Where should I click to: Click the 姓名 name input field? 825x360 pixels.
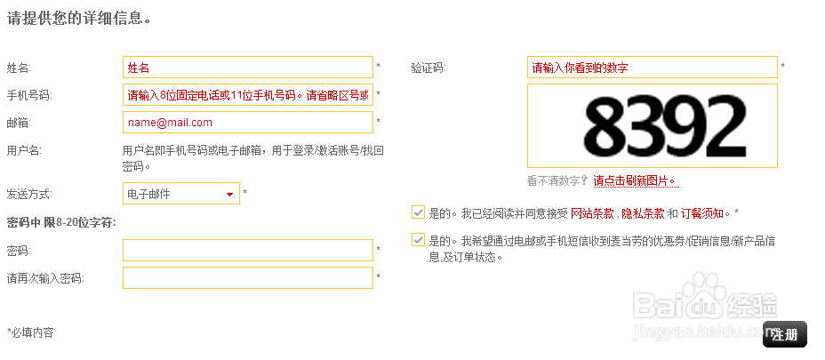[x=247, y=68]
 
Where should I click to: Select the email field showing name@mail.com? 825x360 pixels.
[x=247, y=123]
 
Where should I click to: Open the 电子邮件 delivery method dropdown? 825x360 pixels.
[x=181, y=194]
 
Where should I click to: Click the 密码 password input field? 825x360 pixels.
[x=247, y=251]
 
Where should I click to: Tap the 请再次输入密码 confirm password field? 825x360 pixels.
[x=247, y=278]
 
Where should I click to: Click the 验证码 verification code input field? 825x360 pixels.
[x=652, y=68]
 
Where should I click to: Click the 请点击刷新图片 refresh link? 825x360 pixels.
[x=635, y=181]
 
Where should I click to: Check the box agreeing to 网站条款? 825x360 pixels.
[x=418, y=212]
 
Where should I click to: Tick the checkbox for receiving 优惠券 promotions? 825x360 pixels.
[x=418, y=240]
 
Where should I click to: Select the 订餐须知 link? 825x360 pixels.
[x=703, y=213]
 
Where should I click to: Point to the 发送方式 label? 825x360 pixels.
[x=28, y=194]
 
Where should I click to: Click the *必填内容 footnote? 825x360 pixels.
[x=30, y=332]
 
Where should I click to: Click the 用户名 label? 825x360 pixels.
[x=24, y=151]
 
